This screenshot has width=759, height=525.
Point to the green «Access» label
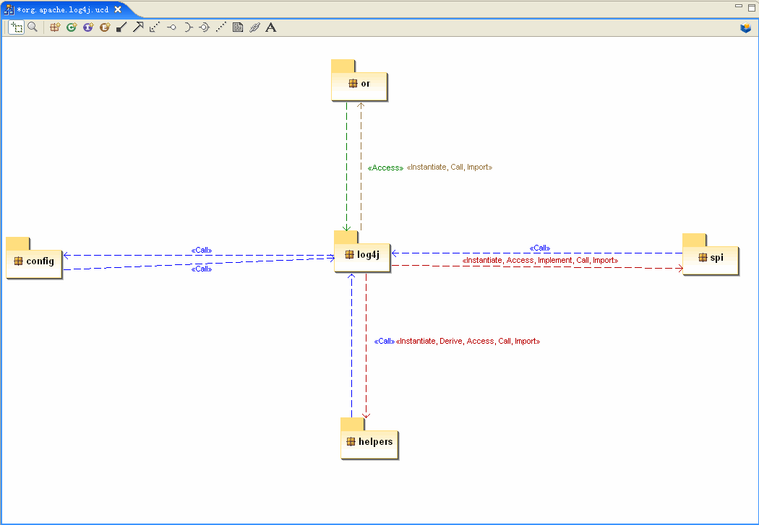[385, 168]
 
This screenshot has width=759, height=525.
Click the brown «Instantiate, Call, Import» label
[450, 168]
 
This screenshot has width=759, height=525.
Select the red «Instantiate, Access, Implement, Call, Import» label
[540, 260]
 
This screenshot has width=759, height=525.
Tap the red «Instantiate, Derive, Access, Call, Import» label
[468, 342]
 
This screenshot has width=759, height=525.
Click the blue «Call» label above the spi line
[540, 248]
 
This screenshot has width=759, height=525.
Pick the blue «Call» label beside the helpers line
[385, 342]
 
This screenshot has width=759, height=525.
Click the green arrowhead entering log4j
[346, 227]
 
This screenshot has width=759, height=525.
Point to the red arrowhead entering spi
[679, 269]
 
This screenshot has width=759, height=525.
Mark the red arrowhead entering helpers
[366, 415]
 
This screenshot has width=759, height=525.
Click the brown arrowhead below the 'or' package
[361, 105]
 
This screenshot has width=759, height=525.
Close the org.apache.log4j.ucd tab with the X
[118, 9]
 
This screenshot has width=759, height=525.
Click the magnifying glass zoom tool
[33, 27]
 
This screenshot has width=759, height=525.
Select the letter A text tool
[271, 27]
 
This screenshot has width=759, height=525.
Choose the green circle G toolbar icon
[72, 27]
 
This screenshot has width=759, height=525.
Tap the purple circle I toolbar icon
[88, 27]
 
